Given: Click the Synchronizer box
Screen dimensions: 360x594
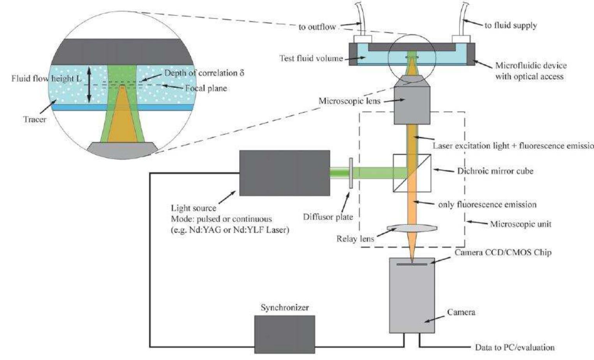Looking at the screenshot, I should tap(284, 334).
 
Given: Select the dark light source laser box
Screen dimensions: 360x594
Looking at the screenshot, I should tap(284, 173).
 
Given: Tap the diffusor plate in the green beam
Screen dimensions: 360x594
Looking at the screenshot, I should tap(351, 173).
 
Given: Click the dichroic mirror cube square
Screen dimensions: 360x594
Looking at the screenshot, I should tap(412, 173).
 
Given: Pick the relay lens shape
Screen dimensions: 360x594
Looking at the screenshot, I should tap(412, 228).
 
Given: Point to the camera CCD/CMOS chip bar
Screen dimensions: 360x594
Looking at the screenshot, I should tap(412, 265).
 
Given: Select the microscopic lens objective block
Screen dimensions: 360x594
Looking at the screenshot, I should tap(412, 104).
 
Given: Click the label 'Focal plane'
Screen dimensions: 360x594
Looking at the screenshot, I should tap(206, 88).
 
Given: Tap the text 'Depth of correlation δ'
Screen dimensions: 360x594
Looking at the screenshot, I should tap(204, 73).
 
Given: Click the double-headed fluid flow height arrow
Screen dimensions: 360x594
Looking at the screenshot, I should tap(89, 85).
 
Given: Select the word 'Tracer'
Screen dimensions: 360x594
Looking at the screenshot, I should tap(35, 119).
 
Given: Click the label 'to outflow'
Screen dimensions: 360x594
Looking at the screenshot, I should tap(317, 27).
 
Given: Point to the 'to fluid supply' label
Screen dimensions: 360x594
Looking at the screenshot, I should tap(510, 25).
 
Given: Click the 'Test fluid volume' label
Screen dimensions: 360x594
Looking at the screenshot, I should tap(311, 58).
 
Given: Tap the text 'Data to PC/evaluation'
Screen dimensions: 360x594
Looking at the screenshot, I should tap(514, 347).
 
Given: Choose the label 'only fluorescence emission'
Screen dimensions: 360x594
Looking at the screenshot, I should tap(487, 205).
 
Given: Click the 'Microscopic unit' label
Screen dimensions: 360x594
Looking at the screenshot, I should tap(520, 224).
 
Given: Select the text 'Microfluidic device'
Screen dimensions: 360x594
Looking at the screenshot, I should tap(531, 65).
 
